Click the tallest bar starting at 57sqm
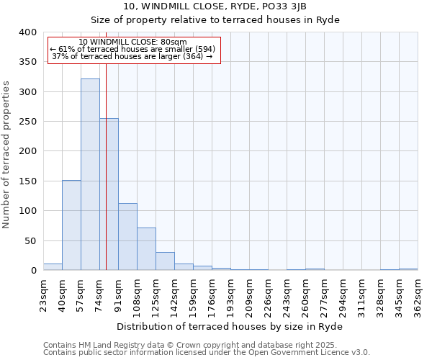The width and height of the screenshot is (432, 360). click(90, 174)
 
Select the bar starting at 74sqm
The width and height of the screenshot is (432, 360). click(109, 194)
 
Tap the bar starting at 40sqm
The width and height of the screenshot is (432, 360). click(71, 225)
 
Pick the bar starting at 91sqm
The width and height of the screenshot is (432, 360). click(127, 237)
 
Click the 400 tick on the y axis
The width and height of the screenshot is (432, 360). click(27, 32)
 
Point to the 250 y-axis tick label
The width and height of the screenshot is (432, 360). click(27, 122)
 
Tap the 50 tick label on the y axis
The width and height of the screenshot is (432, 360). click(30, 240)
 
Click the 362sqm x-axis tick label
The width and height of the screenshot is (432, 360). click(418, 297)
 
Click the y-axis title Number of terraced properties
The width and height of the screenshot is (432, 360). click(7, 154)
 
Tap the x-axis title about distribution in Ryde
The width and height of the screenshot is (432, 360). click(230, 326)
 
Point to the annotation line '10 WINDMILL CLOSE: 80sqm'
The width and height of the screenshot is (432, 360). click(132, 42)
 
